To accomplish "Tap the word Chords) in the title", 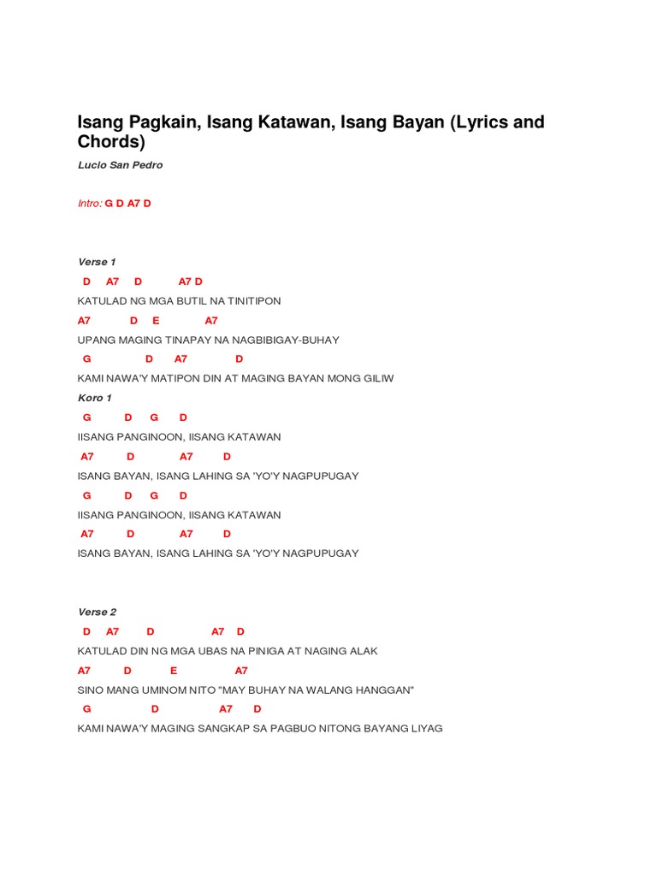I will (112, 142).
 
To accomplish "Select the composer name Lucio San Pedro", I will (120, 165).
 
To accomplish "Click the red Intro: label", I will (90, 204).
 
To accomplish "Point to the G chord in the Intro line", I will (109, 204).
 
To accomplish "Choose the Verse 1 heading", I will (97, 262).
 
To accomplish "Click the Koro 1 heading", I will (95, 398).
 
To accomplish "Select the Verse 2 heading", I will (97, 612).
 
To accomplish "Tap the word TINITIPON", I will (251, 301).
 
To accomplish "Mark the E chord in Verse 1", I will (157, 321).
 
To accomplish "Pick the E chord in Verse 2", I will (174, 671).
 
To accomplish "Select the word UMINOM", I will (144, 690).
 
